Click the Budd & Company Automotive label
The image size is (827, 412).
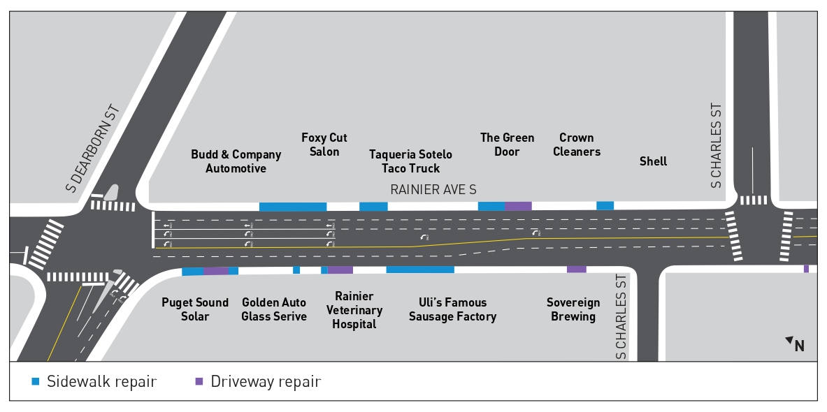[x=236, y=161]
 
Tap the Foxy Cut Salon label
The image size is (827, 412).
[x=324, y=145]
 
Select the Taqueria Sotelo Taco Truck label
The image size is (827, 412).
[x=410, y=161]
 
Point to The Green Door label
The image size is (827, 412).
[x=507, y=145]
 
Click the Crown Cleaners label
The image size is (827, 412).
[x=577, y=145]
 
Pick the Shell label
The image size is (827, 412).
[x=653, y=161]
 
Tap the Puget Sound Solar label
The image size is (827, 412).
[x=195, y=309]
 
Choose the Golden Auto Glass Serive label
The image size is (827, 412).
[x=274, y=309]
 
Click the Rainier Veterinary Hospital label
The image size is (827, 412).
[x=354, y=310]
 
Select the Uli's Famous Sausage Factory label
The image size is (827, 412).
[x=452, y=309]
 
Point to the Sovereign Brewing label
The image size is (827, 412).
[x=573, y=309]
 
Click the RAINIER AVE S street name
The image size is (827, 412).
[x=433, y=189]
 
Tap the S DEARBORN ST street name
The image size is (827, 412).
[x=93, y=148]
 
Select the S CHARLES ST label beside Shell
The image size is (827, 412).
[x=715, y=146]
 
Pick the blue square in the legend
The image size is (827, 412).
[x=36, y=382]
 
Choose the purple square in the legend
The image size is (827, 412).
[x=199, y=382]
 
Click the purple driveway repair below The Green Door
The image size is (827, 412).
[x=518, y=206]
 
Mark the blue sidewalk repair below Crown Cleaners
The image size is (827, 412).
[x=605, y=206]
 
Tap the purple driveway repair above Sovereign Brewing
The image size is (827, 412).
[x=576, y=270]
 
